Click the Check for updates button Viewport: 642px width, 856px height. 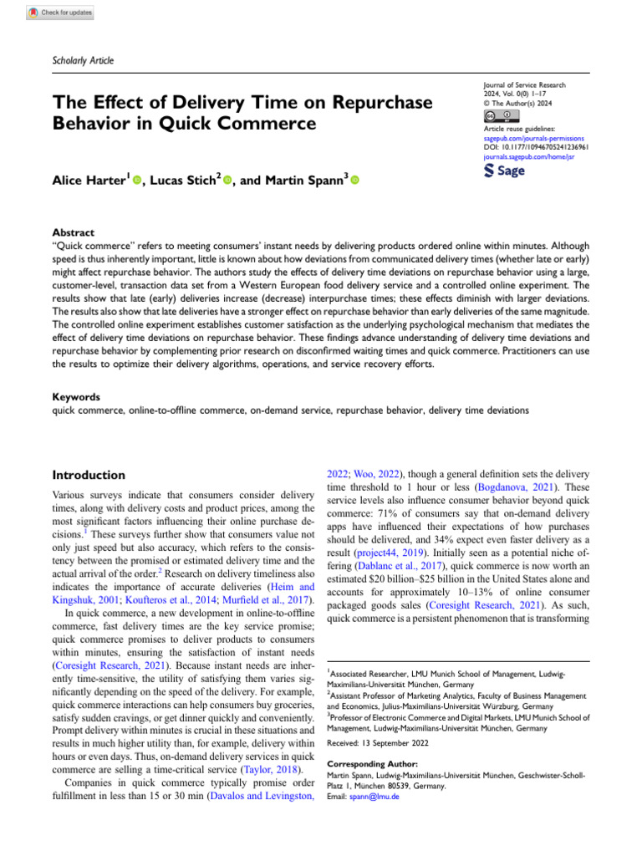(59, 13)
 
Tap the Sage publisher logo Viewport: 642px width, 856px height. (505, 171)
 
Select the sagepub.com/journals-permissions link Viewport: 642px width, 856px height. (535, 137)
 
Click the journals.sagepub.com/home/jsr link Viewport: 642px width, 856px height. (529, 155)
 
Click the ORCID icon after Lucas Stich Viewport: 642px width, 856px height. (226, 180)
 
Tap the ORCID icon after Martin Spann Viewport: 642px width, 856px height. (354, 180)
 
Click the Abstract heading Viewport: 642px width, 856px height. (73, 233)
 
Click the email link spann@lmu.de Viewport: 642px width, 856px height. (381, 797)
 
